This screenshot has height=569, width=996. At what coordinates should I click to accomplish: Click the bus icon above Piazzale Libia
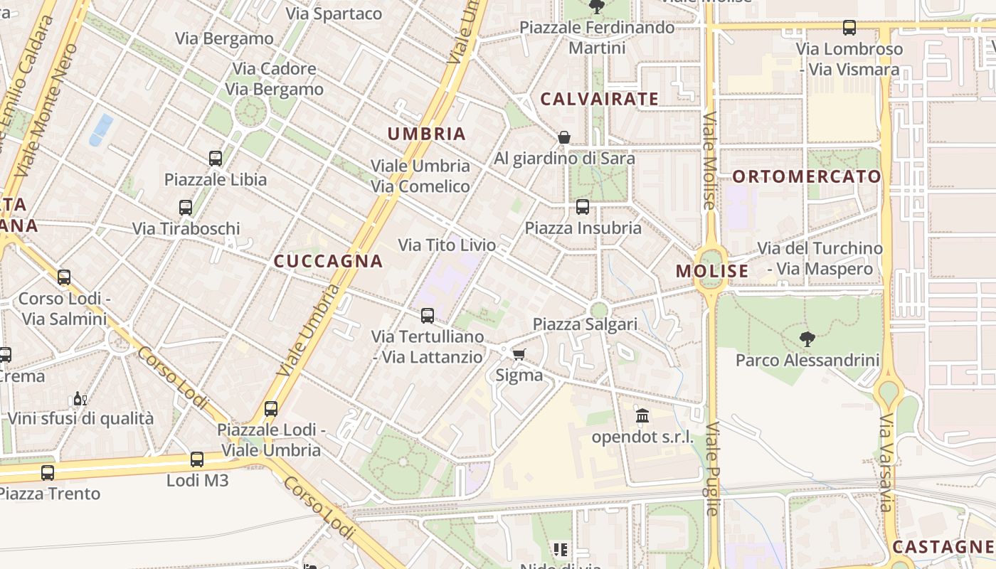coord(216,158)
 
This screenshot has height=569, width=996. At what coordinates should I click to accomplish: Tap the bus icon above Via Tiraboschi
coord(186,208)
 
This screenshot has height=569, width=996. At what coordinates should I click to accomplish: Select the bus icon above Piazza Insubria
coord(583,207)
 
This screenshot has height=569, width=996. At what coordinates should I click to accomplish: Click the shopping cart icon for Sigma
coord(519,354)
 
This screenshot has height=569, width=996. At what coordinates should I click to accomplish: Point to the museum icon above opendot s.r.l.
coord(642,415)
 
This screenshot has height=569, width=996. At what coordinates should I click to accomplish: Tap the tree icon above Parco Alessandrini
coord(807,339)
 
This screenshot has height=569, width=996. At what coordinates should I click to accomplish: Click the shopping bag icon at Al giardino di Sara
coord(564,137)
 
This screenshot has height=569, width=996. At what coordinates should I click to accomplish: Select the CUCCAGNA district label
coord(329,261)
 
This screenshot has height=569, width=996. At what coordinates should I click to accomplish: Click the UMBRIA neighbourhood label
coord(427,134)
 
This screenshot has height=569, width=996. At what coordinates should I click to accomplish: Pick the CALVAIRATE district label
coord(600,99)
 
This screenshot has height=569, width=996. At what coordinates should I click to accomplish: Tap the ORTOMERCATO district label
coord(807,176)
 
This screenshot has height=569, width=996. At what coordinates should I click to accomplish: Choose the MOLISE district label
coord(712,271)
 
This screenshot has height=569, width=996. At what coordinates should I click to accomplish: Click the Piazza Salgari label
coord(585,324)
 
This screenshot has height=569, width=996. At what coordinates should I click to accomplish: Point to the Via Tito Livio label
coord(447,245)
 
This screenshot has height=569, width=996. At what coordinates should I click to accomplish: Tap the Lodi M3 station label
coord(198,481)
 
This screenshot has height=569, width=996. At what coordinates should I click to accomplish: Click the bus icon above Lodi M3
coord(197,459)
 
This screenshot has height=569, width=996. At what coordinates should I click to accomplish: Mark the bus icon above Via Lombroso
coord(849,28)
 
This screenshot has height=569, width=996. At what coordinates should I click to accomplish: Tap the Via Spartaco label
coord(334,14)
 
